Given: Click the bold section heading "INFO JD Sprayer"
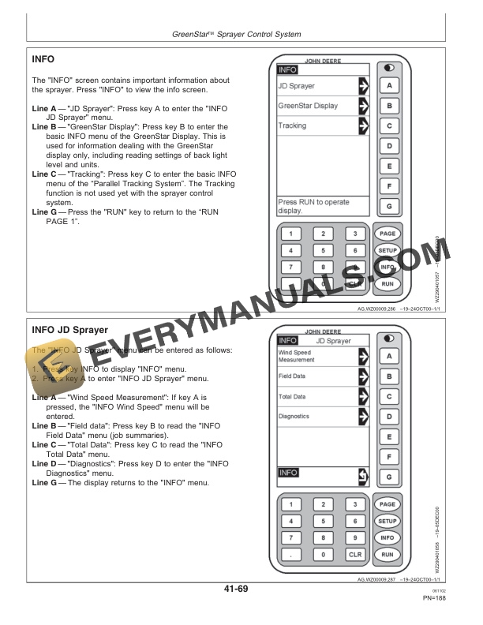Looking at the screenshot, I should click(69, 330).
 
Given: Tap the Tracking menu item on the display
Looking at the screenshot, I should click(292, 126).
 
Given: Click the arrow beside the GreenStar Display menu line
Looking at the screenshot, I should click(363, 105).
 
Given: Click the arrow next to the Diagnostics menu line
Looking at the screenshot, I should click(363, 416).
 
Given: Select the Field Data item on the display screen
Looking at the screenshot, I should click(292, 376).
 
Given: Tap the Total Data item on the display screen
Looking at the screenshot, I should click(292, 396).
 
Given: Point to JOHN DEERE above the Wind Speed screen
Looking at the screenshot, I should click(324, 332).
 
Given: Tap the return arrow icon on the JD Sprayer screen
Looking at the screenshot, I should click(363, 474).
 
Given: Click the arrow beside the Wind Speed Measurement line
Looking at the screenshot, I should click(363, 356).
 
